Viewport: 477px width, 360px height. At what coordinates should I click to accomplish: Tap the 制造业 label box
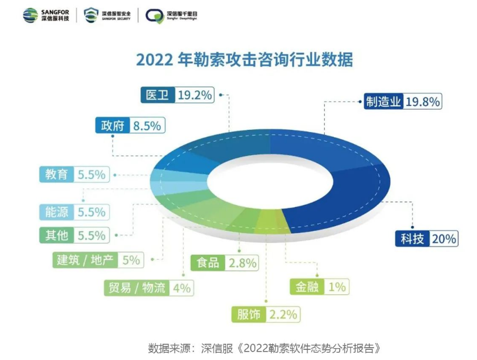click(383, 101)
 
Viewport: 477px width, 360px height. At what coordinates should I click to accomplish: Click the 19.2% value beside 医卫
click(195, 95)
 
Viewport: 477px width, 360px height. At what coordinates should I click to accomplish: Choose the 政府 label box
click(112, 125)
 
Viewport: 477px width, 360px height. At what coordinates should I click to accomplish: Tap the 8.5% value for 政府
click(147, 125)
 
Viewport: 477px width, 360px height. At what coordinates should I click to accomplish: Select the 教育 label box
click(56, 174)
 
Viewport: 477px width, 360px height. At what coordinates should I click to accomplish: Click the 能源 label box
click(56, 212)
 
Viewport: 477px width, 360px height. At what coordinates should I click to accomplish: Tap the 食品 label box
click(208, 262)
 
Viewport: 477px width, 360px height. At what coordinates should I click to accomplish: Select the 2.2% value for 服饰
click(282, 314)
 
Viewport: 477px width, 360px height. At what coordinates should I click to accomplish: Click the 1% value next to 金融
click(336, 287)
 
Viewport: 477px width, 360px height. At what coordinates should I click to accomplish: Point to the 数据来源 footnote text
click(268, 346)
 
